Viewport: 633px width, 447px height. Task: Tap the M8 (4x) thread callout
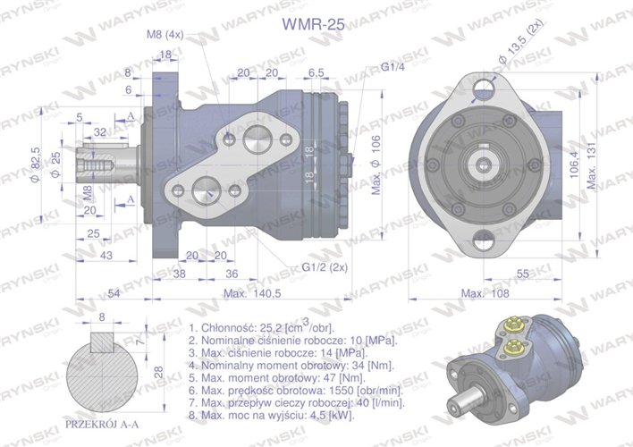(165, 35)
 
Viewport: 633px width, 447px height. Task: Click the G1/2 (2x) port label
(324, 267)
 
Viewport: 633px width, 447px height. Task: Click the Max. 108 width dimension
(483, 292)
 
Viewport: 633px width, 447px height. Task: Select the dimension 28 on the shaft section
(157, 372)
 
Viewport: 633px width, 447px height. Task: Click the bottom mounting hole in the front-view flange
(484, 239)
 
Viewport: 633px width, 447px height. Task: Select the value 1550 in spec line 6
(334, 390)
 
